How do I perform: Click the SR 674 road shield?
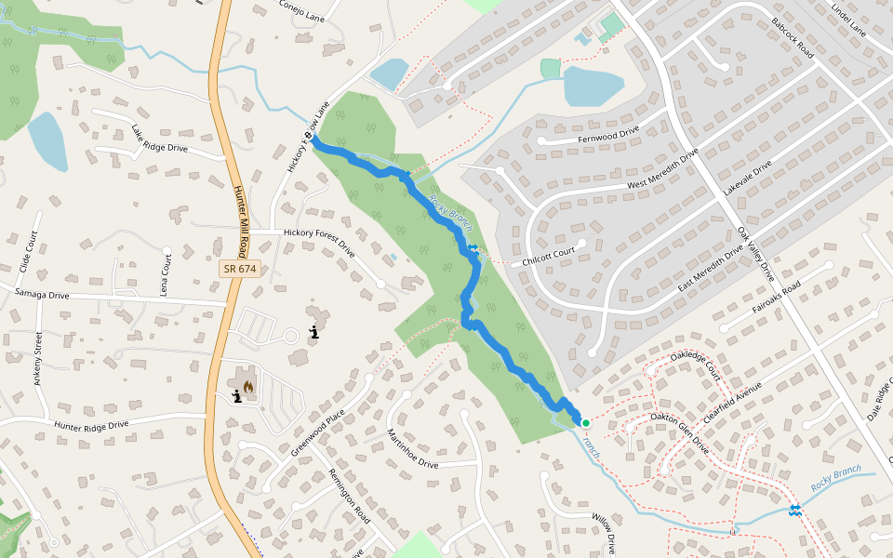coord(239,269)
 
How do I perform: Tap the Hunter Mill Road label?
coord(240,219)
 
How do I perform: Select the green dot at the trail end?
coord(586,423)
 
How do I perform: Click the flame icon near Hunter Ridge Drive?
coord(248,386)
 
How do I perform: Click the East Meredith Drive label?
coord(711,267)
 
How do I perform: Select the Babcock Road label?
coord(793,39)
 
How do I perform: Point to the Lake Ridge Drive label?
coord(159,139)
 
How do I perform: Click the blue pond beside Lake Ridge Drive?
coord(47,141)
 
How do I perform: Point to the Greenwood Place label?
coord(317,432)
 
